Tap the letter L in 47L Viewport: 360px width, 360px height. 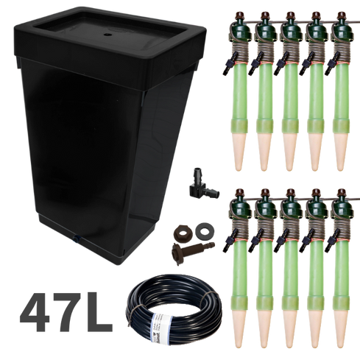pyautogui.click(x=98, y=312)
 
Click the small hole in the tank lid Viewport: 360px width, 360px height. pyautogui.click(x=107, y=35)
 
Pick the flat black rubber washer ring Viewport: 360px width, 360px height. pyautogui.click(x=205, y=230)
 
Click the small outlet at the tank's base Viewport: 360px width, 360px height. pyautogui.click(x=77, y=237)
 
